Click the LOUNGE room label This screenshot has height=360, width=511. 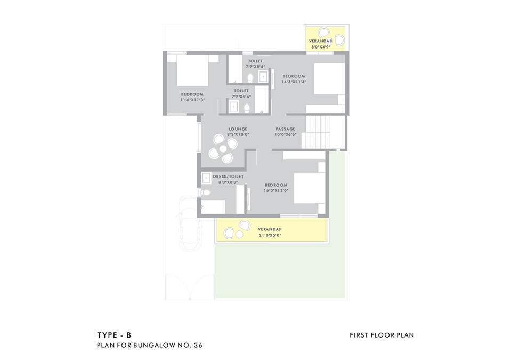[x=238, y=129]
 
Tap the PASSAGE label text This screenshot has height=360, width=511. [x=286, y=129]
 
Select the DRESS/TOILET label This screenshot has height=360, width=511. [x=228, y=177]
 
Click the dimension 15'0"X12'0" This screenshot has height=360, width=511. [x=276, y=191]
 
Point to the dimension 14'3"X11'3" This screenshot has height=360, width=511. [x=294, y=82]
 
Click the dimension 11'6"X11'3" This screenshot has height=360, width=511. [x=192, y=100]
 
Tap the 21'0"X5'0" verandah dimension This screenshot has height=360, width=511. [x=270, y=235]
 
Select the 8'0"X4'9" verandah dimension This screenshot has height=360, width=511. [x=321, y=47]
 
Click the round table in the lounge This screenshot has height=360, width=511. [x=223, y=149]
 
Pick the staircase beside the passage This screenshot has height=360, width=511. [x=316, y=132]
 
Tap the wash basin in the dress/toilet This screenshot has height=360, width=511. [x=206, y=178]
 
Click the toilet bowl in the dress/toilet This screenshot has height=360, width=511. [x=205, y=193]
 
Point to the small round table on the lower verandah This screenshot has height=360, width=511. [x=240, y=235]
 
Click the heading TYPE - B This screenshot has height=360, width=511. [x=114, y=335]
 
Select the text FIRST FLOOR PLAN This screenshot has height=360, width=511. [x=382, y=335]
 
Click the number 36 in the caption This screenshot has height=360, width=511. [x=198, y=345]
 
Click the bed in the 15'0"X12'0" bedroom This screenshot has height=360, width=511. [x=310, y=188]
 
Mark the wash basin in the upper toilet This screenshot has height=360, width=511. [x=263, y=77]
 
